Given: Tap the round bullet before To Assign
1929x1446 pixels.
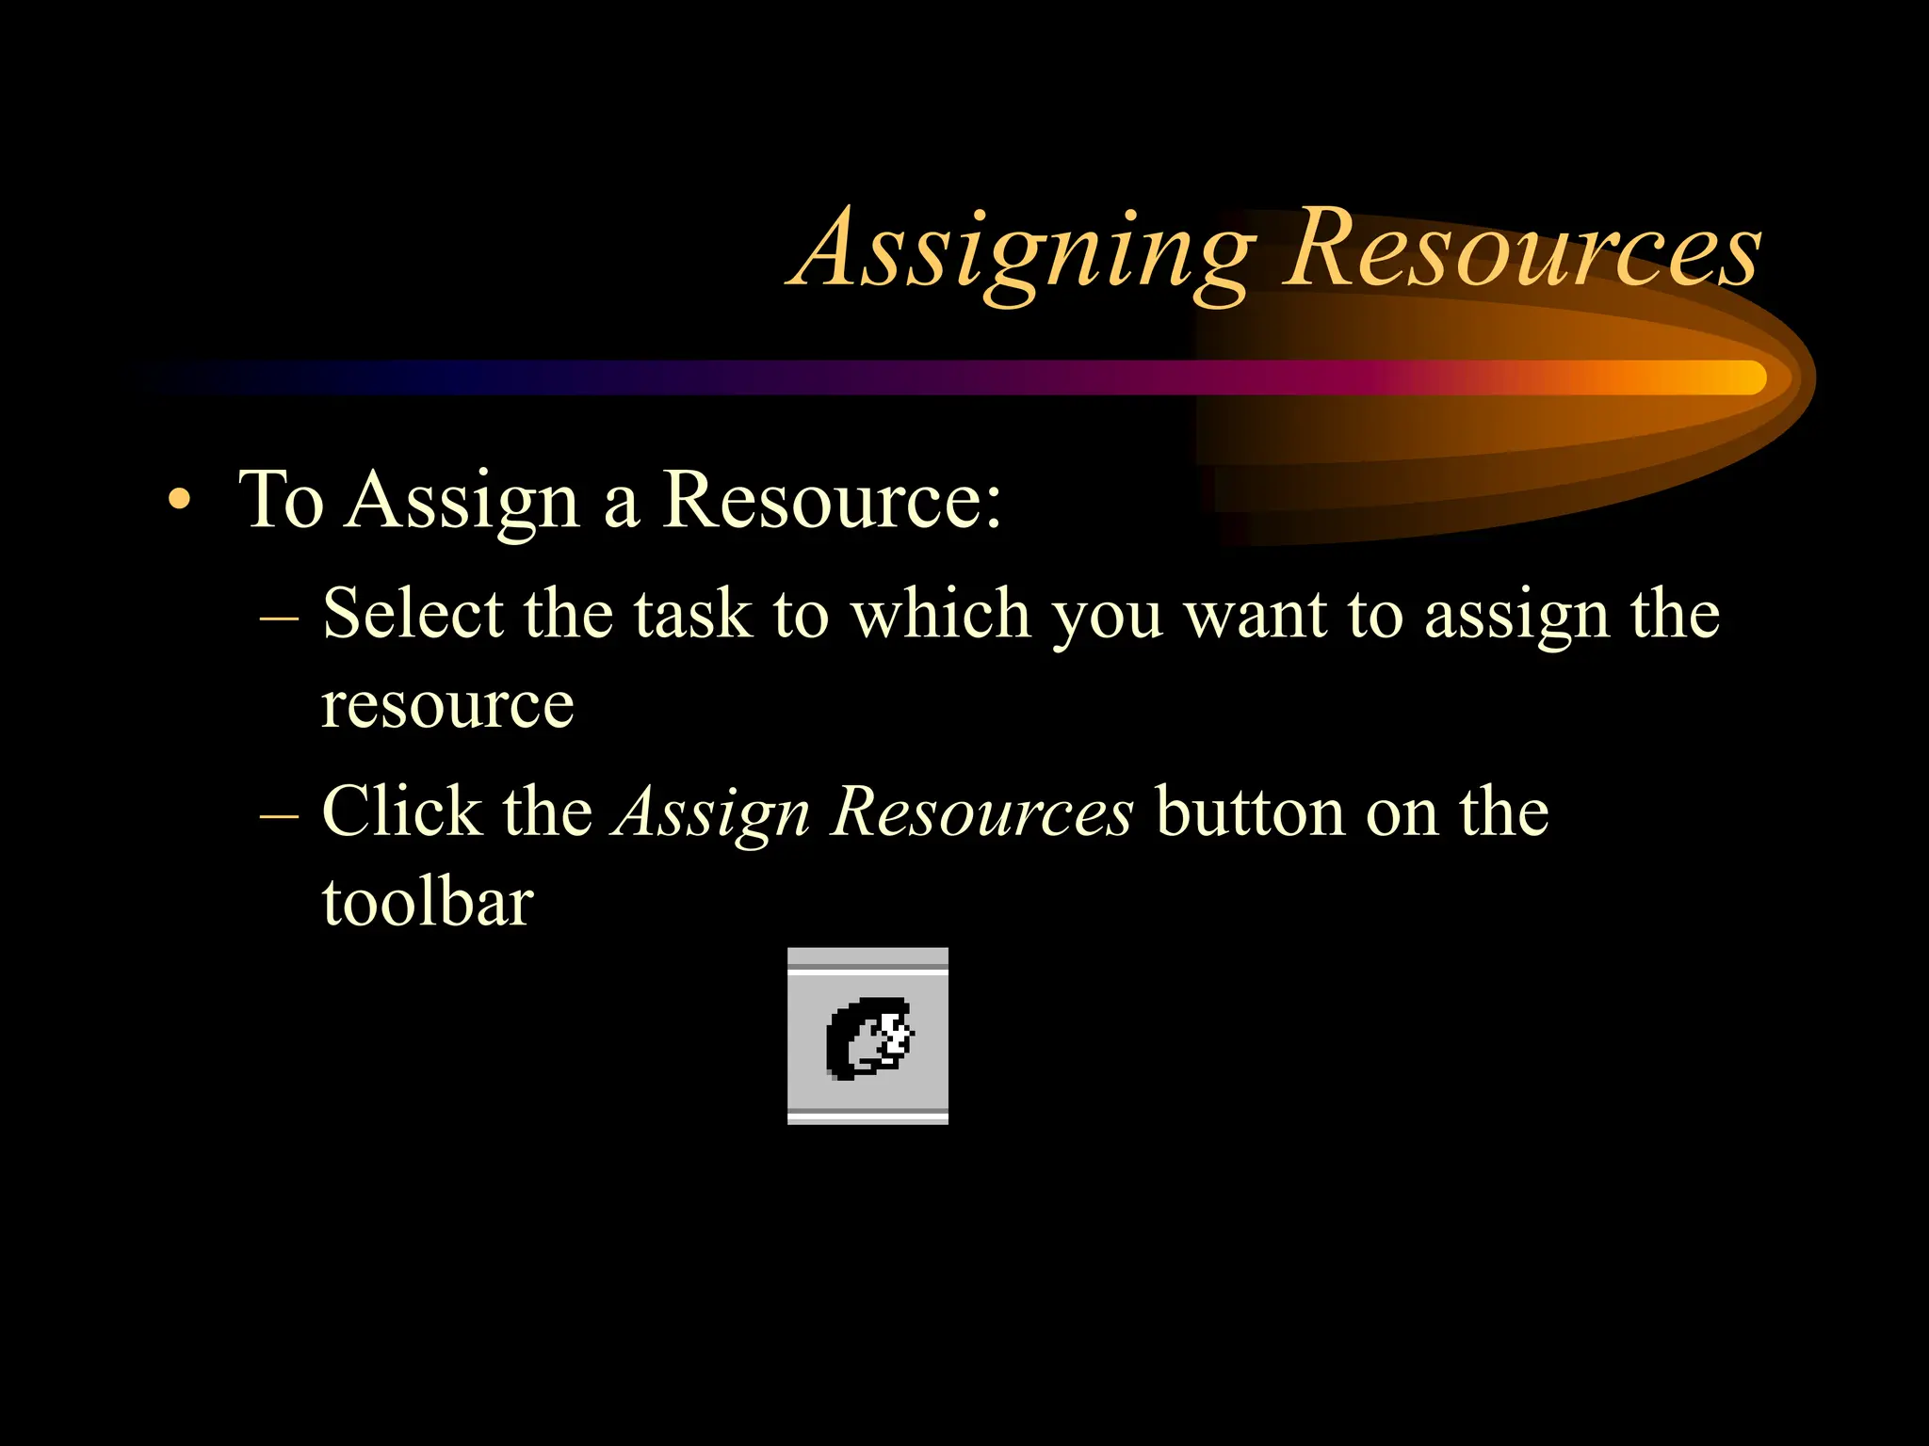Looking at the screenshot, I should click(178, 500).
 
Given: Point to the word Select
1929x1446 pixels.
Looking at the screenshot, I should click(413, 614).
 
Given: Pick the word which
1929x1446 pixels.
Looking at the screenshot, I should click(941, 614).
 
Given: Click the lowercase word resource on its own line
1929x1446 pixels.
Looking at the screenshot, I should click(447, 705).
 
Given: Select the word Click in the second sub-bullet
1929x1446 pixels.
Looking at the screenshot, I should click(401, 811).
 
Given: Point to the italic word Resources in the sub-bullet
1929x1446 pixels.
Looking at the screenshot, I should click(981, 811).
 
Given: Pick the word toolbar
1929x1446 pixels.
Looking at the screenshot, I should click(428, 902).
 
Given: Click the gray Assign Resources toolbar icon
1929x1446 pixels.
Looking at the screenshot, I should click(867, 1036).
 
